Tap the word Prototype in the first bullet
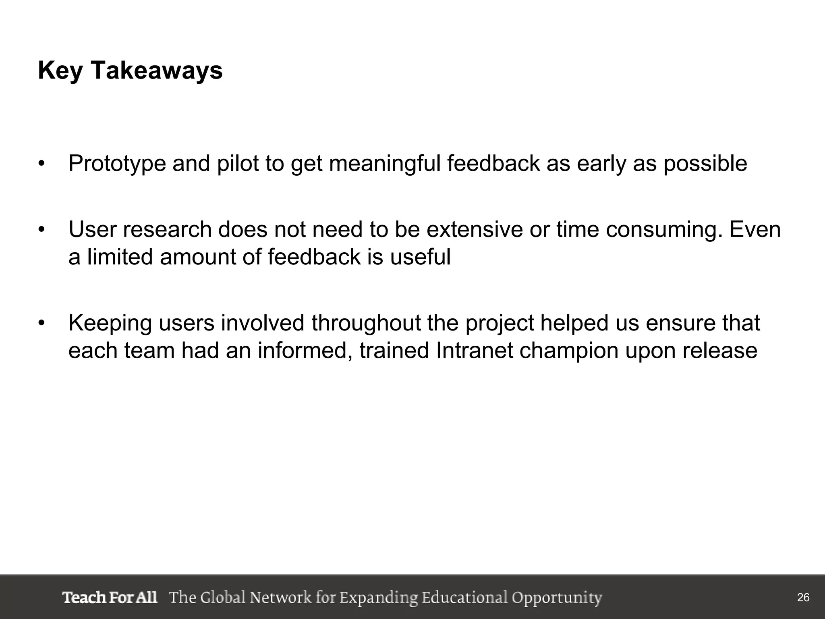tap(117, 164)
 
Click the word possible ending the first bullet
tap(705, 164)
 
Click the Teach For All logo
tap(110, 597)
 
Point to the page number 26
tap(803, 598)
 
